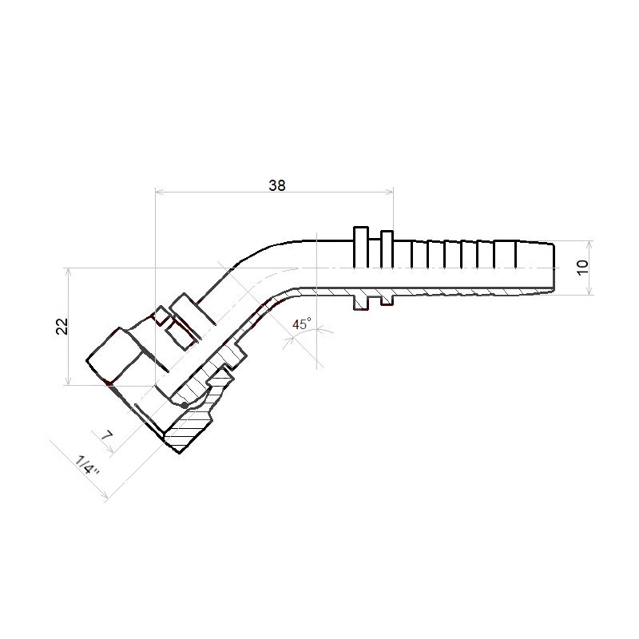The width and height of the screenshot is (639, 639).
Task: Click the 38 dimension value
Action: pos(277,185)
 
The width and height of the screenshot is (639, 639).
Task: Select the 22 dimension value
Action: pos(62,326)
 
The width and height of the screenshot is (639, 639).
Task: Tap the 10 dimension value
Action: pos(583,268)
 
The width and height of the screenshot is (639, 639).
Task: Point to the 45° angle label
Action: pos(302,324)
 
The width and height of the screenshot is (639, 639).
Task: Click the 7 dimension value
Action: pos(106,435)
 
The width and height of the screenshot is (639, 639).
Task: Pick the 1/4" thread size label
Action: pos(88,466)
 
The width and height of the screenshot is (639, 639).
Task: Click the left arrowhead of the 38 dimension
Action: pos(159,191)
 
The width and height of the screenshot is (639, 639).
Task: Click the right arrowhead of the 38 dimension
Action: pos(390,191)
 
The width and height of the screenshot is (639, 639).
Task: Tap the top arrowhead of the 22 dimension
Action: pos(69,272)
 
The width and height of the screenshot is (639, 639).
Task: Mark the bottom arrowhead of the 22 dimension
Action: pos(69,381)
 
